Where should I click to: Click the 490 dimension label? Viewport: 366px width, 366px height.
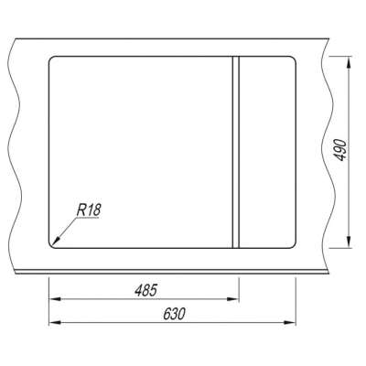[x=340, y=150]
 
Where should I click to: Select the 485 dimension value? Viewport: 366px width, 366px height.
[x=145, y=290]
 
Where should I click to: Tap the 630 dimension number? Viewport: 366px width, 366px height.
[x=174, y=314]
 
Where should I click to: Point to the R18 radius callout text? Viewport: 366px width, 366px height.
[x=88, y=210]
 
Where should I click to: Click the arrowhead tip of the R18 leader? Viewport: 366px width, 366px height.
[x=53, y=244]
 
